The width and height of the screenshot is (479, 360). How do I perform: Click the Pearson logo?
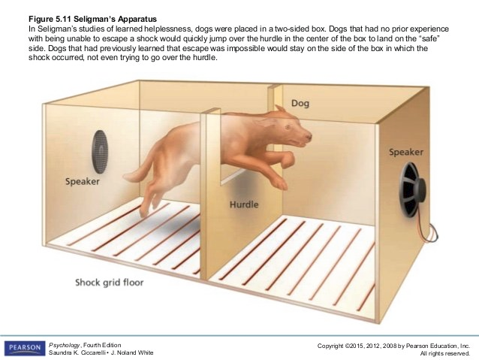25,348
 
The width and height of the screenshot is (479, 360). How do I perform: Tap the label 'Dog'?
300,104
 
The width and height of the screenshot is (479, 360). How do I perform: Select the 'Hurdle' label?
244,204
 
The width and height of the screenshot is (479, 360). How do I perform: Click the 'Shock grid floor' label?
110,282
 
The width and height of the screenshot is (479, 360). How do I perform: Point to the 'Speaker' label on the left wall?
82,181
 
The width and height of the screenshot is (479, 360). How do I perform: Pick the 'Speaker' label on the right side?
406,152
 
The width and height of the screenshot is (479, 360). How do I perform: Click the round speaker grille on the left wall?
100,152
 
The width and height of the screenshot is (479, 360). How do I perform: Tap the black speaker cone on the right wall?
411,190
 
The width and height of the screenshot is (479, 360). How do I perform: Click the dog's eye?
288,126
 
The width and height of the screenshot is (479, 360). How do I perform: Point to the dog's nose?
309,135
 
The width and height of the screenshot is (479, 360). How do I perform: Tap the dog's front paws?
284,171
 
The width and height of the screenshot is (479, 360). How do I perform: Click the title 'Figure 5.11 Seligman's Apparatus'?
92,19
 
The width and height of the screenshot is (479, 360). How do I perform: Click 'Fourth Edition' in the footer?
102,345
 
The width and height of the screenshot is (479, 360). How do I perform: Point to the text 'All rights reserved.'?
444,353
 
